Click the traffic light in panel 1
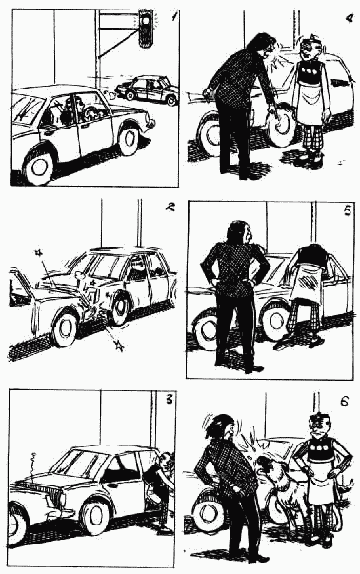click(146, 29)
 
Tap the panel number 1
click(174, 16)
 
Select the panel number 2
click(170, 207)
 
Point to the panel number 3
click(169, 399)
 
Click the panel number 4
click(350, 18)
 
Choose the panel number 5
click(348, 211)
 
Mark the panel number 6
click(344, 402)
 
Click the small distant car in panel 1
click(148, 90)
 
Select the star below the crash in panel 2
click(118, 345)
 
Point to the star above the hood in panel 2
click(38, 253)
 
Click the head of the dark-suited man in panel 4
click(262, 45)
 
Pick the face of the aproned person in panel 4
click(309, 49)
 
